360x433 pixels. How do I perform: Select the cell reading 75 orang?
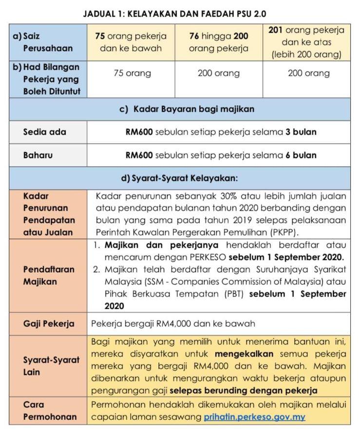point(132,74)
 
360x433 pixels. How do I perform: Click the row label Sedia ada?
point(45,132)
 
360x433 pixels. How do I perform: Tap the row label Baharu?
point(38,156)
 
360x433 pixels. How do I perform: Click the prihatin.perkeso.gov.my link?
point(254,417)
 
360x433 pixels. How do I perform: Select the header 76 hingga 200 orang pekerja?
point(219,42)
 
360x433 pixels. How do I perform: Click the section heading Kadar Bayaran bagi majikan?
point(188,109)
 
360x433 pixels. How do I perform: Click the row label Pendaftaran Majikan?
point(49,276)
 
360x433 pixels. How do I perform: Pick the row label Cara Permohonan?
point(48,411)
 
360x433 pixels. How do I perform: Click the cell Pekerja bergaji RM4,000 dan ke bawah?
point(173,324)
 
